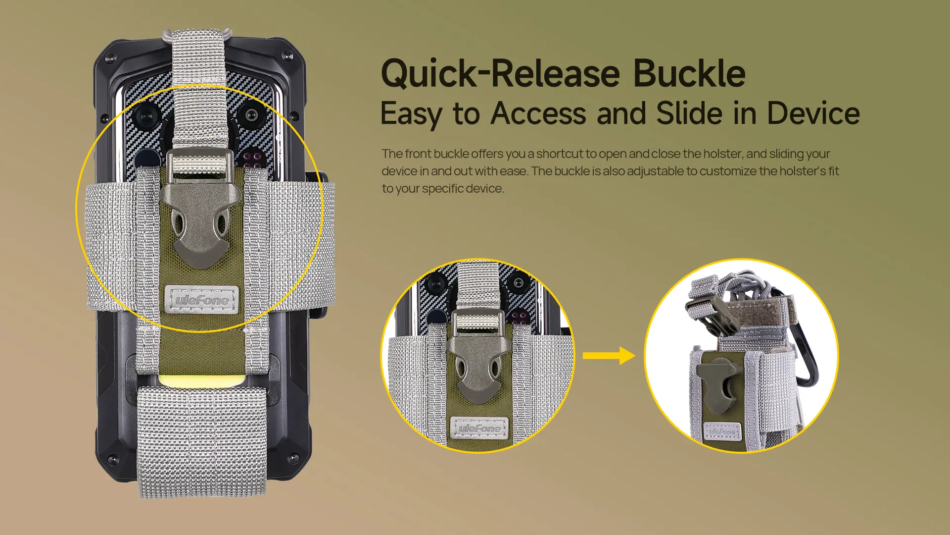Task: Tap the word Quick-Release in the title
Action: point(500,74)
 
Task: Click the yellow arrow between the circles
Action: point(609,356)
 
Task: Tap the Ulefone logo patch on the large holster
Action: point(201,299)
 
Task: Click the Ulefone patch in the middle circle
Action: point(479,428)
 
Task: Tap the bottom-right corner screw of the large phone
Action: point(293,456)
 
